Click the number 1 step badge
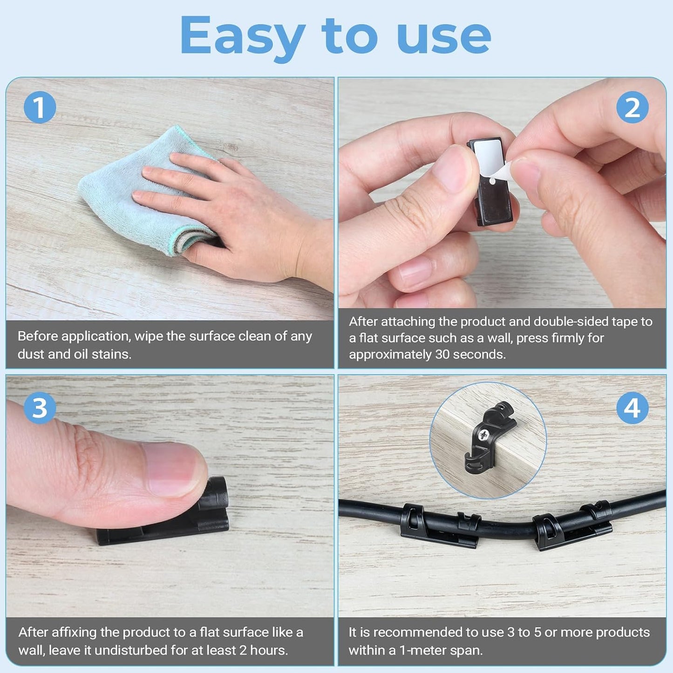point(40,107)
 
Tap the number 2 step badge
point(632,107)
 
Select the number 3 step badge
point(40,408)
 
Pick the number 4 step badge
point(632,408)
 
